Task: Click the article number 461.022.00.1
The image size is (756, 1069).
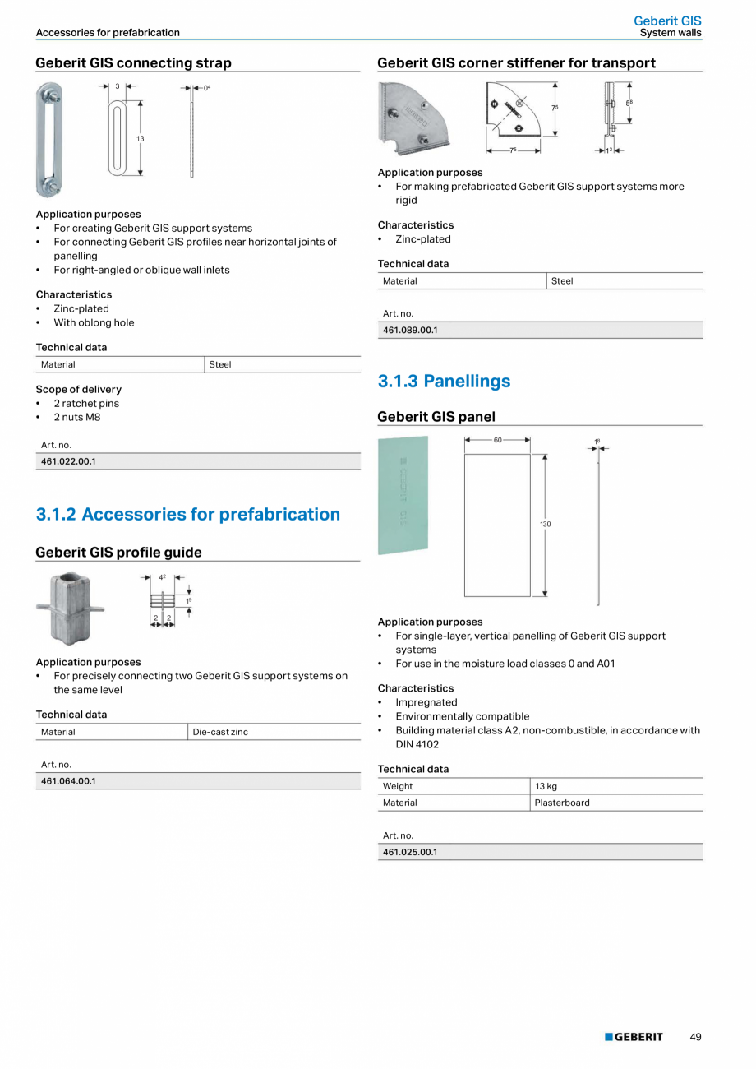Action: [x=69, y=461]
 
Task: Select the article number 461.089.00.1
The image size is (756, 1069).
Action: [x=410, y=330]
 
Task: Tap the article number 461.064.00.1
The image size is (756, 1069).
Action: [x=69, y=780]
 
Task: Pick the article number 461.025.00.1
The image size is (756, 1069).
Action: [x=410, y=852]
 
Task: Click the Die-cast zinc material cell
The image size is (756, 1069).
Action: [x=220, y=732]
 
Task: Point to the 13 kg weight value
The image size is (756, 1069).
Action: [x=546, y=786]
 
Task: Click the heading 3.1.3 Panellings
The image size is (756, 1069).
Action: [x=444, y=381]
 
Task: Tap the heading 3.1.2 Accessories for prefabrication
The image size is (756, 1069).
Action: [x=187, y=514]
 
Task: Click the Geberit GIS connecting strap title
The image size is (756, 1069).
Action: [x=133, y=63]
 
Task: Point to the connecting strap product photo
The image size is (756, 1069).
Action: [x=49, y=140]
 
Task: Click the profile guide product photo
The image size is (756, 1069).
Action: [x=71, y=609]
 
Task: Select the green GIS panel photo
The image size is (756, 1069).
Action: [x=403, y=495]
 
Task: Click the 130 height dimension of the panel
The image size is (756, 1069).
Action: [x=546, y=524]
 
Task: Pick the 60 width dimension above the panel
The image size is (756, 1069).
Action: [x=497, y=440]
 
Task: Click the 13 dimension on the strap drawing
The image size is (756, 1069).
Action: [x=141, y=139]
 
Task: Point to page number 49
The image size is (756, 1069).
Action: [x=695, y=1037]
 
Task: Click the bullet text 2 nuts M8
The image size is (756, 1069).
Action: [x=77, y=417]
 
